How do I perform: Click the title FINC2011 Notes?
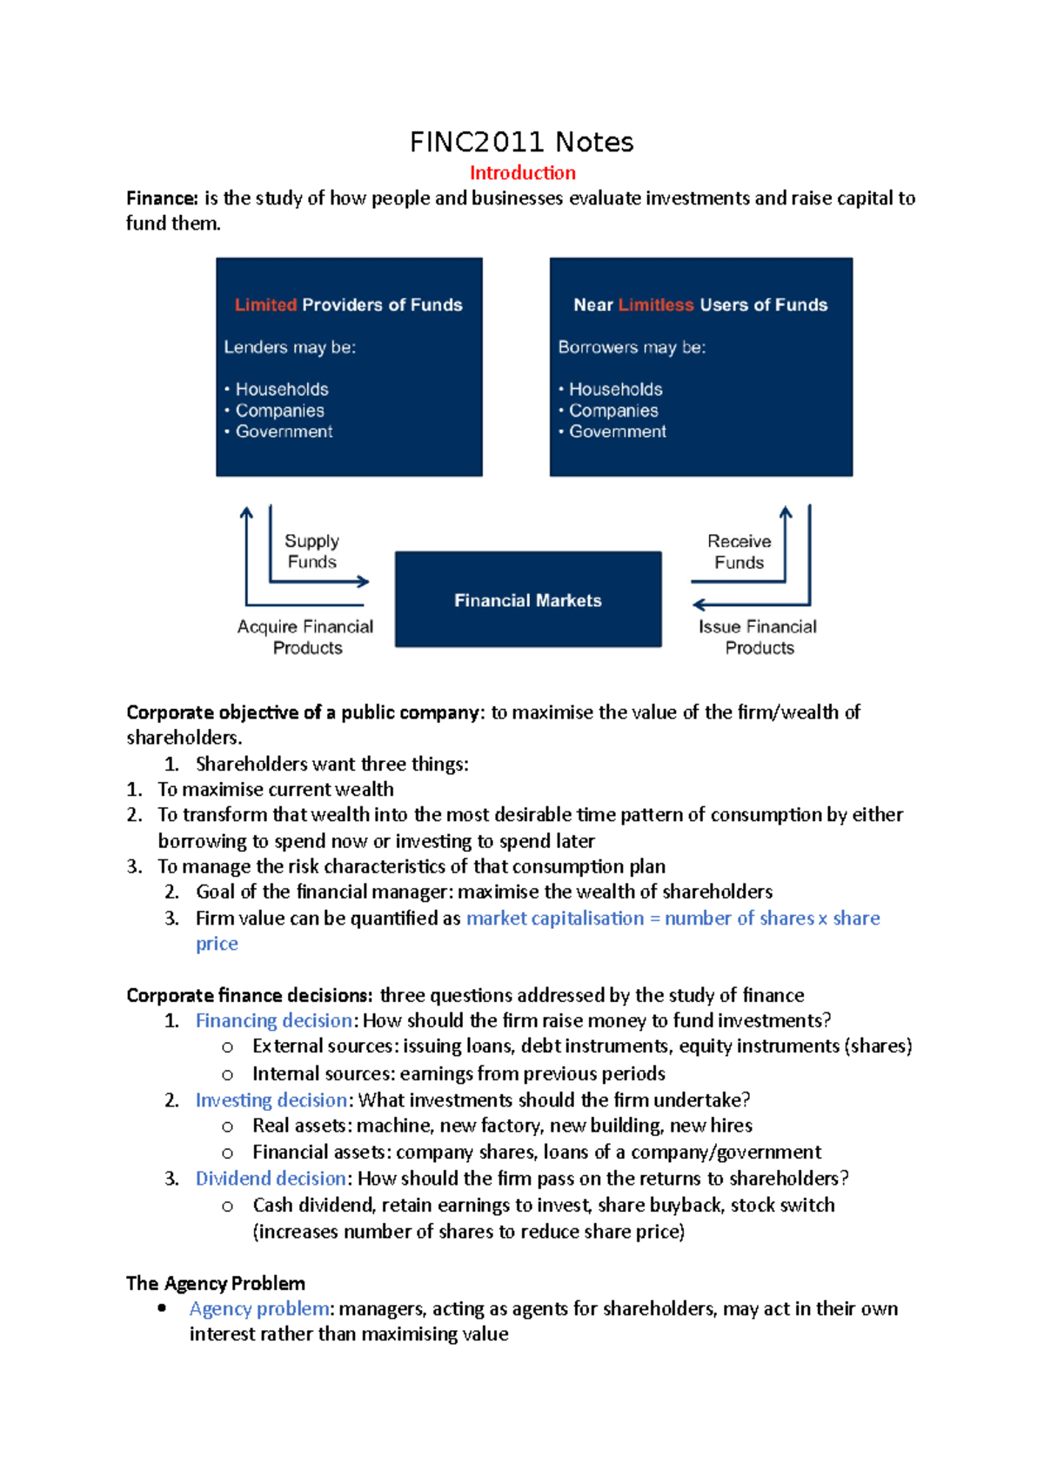521,142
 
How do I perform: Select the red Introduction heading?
522,173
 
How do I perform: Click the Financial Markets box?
527,599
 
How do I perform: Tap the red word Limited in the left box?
265,305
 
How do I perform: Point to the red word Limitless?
656,305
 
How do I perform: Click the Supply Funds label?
311,551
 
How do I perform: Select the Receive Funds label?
739,551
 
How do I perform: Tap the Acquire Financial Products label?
305,637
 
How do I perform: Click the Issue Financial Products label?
758,637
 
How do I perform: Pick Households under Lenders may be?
282,390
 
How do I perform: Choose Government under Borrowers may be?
618,431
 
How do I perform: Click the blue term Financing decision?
273,1020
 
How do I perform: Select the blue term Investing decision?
271,1100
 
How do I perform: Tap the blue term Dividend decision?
271,1179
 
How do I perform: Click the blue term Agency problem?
259,1309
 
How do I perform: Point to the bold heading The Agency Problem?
216,1283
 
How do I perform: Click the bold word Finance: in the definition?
162,198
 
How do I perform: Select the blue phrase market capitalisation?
555,919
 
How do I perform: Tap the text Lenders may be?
290,347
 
